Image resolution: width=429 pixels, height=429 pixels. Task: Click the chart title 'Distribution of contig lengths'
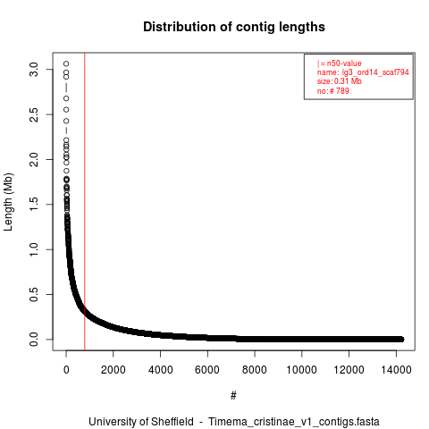pyautogui.click(x=234, y=27)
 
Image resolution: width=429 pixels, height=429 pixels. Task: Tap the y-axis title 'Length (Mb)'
pyautogui.click(x=8, y=202)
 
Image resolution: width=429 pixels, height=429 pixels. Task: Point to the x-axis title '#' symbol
pyautogui.click(x=233, y=396)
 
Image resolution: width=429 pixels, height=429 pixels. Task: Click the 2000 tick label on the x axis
pyautogui.click(x=114, y=370)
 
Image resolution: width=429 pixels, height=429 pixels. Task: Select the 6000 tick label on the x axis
pyautogui.click(x=207, y=370)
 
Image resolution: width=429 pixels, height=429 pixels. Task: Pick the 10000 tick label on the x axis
pyautogui.click(x=301, y=370)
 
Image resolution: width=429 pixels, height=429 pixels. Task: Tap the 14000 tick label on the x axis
pyautogui.click(x=396, y=370)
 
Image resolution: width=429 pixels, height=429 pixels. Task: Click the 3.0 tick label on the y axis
pyautogui.click(x=34, y=70)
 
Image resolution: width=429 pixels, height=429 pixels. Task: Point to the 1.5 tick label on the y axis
pyautogui.click(x=34, y=205)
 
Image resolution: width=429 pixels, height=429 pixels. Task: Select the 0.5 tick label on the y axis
pyautogui.click(x=34, y=294)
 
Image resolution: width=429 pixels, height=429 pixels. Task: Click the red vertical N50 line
pyautogui.click(x=85, y=202)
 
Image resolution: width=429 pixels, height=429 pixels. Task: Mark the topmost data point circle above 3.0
pyautogui.click(x=66, y=63)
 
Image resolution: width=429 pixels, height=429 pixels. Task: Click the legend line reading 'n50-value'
pyautogui.click(x=340, y=63)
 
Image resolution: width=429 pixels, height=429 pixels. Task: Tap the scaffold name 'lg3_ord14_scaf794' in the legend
pyautogui.click(x=375, y=72)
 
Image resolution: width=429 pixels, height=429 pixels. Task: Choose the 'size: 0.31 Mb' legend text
pyautogui.click(x=340, y=81)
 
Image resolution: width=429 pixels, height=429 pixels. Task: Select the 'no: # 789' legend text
pyautogui.click(x=332, y=90)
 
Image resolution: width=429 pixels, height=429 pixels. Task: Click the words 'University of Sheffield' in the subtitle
pyautogui.click(x=141, y=422)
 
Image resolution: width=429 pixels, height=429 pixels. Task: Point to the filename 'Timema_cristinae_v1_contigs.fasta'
pyautogui.click(x=294, y=422)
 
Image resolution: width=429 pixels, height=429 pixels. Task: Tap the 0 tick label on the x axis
pyautogui.click(x=66, y=370)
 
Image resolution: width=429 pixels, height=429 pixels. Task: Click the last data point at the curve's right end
pyautogui.click(x=401, y=339)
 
